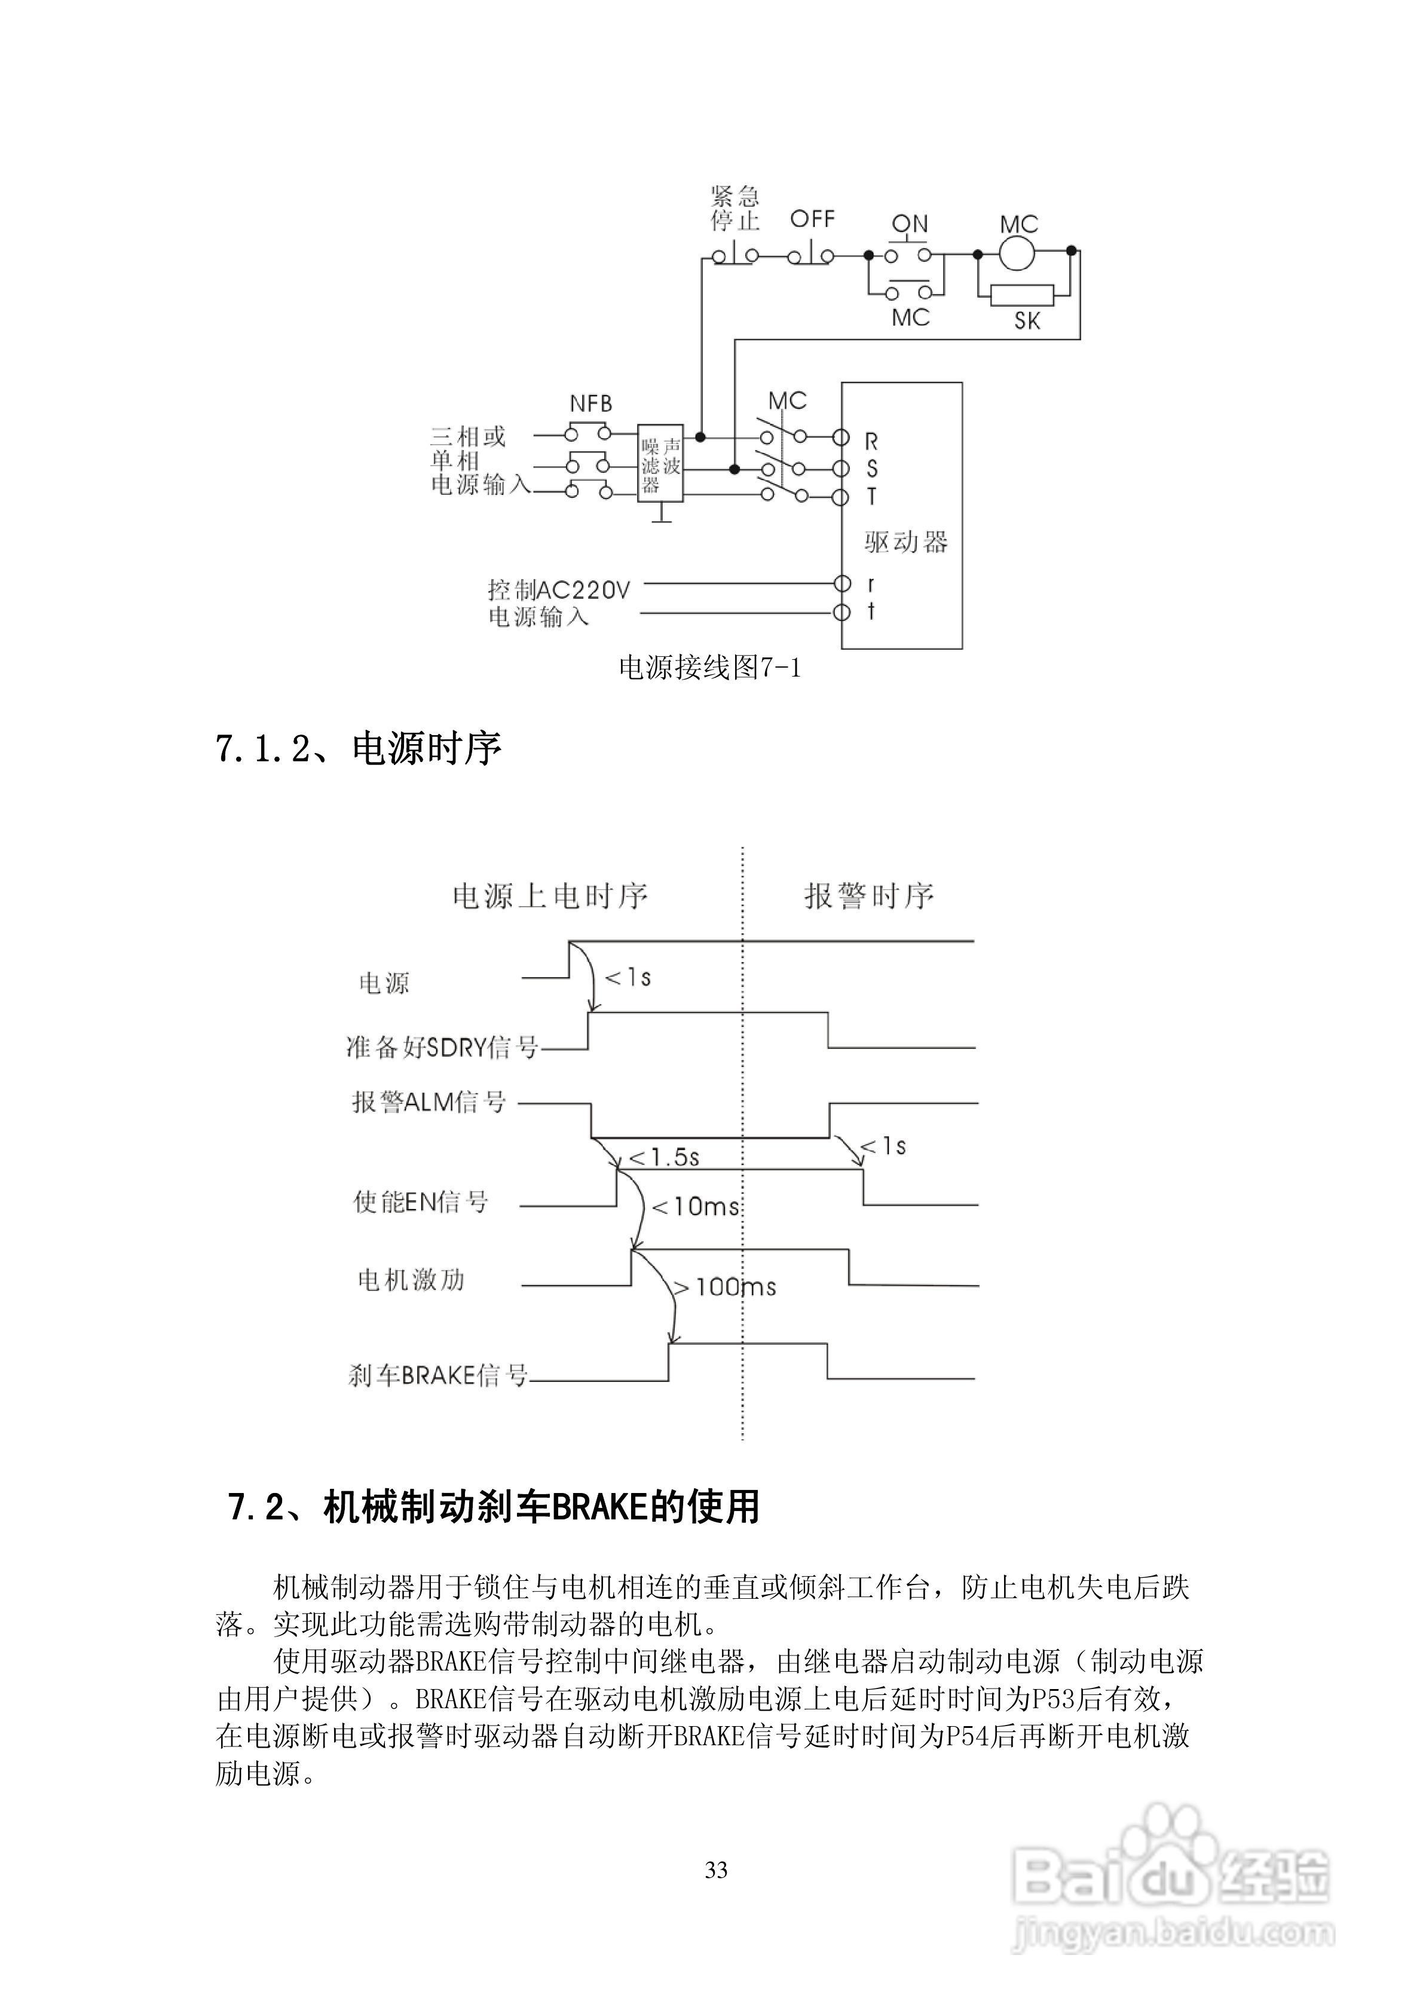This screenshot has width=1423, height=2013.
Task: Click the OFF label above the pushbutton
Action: (x=812, y=219)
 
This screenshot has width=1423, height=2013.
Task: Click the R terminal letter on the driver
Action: (x=871, y=441)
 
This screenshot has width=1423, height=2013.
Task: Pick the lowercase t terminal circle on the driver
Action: (x=841, y=612)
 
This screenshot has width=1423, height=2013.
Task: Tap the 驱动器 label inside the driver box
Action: (x=905, y=543)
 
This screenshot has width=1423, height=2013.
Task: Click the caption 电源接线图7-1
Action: (x=709, y=669)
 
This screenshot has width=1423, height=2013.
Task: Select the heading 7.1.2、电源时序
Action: (x=358, y=749)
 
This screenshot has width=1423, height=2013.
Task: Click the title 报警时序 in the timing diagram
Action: (x=869, y=896)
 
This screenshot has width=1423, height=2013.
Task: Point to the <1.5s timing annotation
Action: (x=664, y=1157)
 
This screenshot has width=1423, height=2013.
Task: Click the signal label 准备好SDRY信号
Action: (x=442, y=1047)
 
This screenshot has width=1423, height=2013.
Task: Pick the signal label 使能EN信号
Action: (x=421, y=1201)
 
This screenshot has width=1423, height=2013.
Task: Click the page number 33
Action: (x=715, y=1870)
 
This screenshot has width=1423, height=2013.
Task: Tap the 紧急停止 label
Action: (x=735, y=208)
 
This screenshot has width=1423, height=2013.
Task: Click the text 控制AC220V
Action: (x=559, y=589)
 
